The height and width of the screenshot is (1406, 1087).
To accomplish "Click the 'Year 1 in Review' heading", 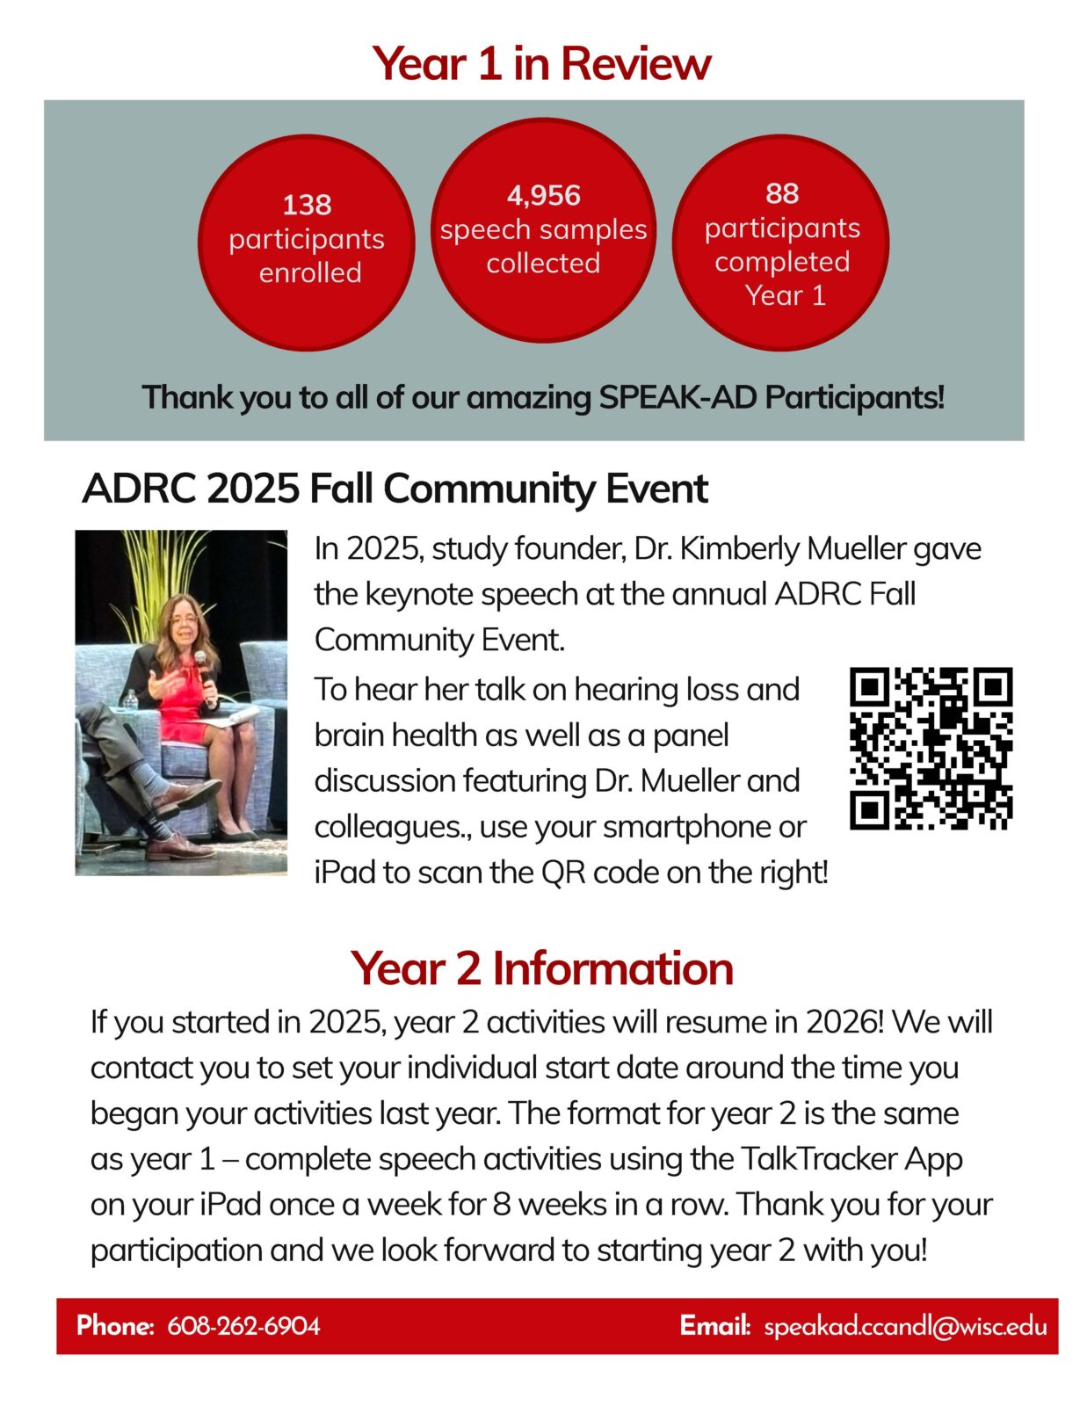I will coord(541,64).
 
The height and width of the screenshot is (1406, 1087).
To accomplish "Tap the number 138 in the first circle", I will coord(307,205).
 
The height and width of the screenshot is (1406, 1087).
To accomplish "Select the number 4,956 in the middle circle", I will coord(543,195).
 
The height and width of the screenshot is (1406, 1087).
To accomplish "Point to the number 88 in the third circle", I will coord(781,193).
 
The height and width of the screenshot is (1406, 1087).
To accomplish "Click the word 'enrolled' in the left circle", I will coord(309,273).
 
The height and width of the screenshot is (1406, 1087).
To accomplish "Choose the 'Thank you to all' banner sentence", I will coord(543,397).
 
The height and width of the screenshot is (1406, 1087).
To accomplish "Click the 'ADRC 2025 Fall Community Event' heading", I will coord(395,489).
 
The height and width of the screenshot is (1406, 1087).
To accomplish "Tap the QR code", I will coord(931,749).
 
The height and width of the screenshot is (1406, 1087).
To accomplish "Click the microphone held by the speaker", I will coord(203,666).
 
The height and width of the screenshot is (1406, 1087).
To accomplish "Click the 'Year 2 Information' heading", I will coord(541,968).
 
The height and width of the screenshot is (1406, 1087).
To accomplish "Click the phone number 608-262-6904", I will coord(243,1326).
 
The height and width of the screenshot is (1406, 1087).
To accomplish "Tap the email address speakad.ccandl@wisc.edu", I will coord(905,1326).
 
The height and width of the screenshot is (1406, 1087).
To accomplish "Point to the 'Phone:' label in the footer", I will coord(115,1326).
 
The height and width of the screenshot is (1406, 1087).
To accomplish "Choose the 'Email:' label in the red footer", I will coord(714,1326).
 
